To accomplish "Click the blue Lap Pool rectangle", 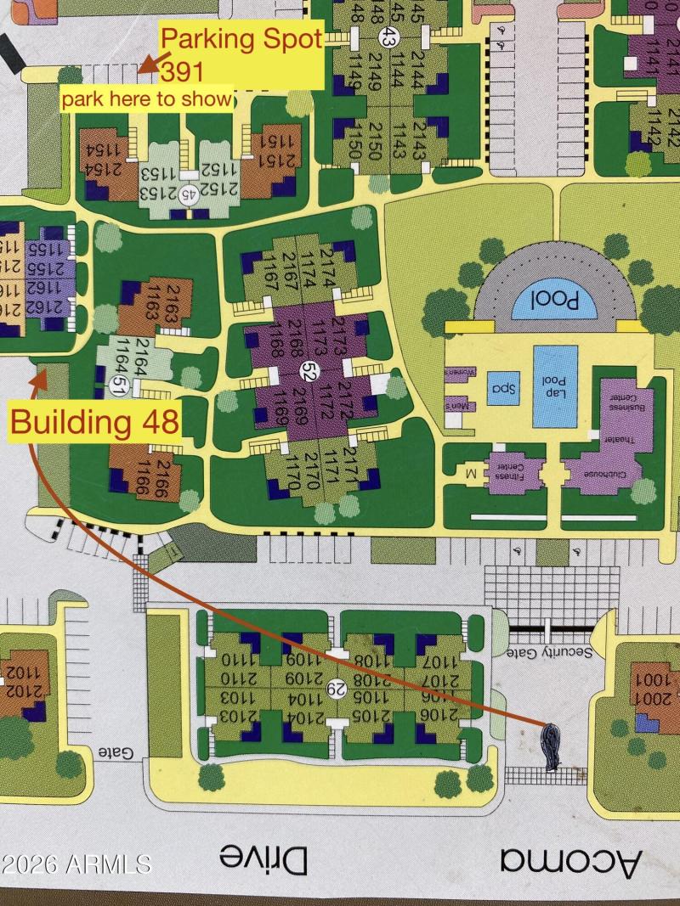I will click(x=555, y=386).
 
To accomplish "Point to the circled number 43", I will click(x=388, y=37).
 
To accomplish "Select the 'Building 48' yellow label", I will click(x=94, y=422).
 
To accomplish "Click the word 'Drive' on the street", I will click(x=263, y=859).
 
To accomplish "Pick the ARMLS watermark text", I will click(x=76, y=864).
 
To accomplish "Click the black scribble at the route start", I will click(x=551, y=746).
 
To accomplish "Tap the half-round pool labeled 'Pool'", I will click(x=554, y=300).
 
